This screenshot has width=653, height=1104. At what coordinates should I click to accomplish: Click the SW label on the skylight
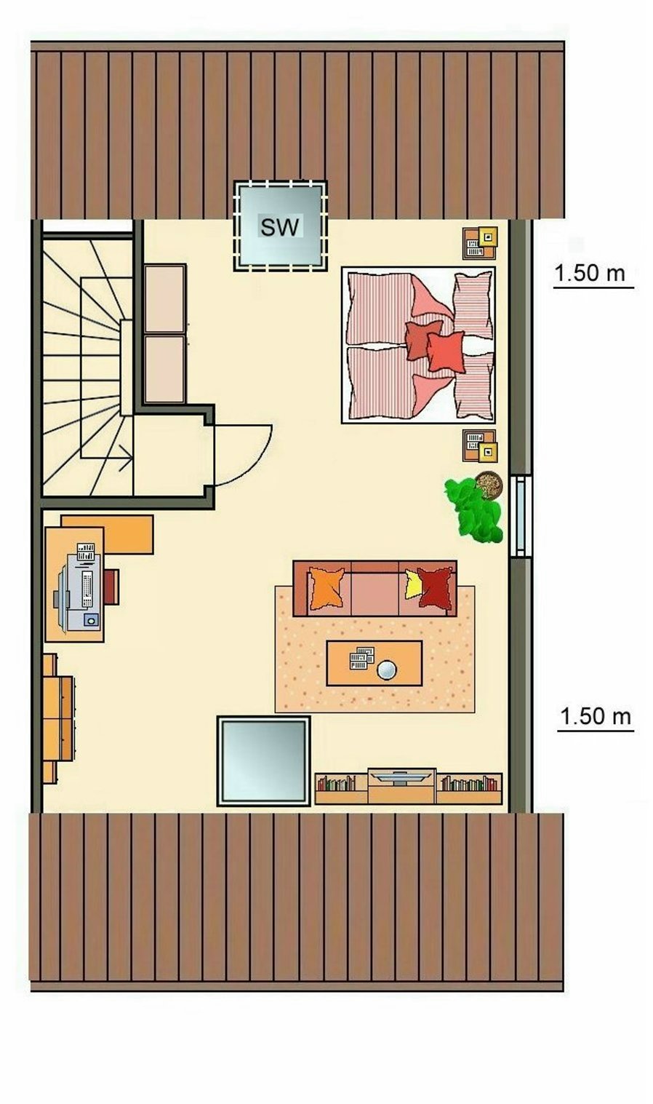point(280,227)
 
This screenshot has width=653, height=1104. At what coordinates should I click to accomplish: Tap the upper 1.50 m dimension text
point(590,273)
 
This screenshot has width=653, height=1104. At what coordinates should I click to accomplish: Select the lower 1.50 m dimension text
point(596,716)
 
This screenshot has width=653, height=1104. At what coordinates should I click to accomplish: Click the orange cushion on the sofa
point(326,588)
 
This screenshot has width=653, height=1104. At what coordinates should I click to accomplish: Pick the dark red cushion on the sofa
point(435,588)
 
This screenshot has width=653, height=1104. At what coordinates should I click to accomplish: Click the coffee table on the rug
point(374,663)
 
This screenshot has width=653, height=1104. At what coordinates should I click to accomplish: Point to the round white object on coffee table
point(387,670)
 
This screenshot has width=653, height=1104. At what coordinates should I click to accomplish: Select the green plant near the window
point(473,512)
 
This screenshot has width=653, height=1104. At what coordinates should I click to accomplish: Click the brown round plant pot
point(489,485)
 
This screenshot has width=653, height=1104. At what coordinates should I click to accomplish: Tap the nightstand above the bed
point(480,243)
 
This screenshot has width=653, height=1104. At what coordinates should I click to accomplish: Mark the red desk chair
point(111,587)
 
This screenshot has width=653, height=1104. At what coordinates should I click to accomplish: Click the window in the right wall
point(520,516)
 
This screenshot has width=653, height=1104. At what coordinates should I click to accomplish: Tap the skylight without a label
point(264,761)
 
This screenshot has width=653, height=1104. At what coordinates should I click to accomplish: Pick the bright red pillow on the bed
point(446,352)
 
